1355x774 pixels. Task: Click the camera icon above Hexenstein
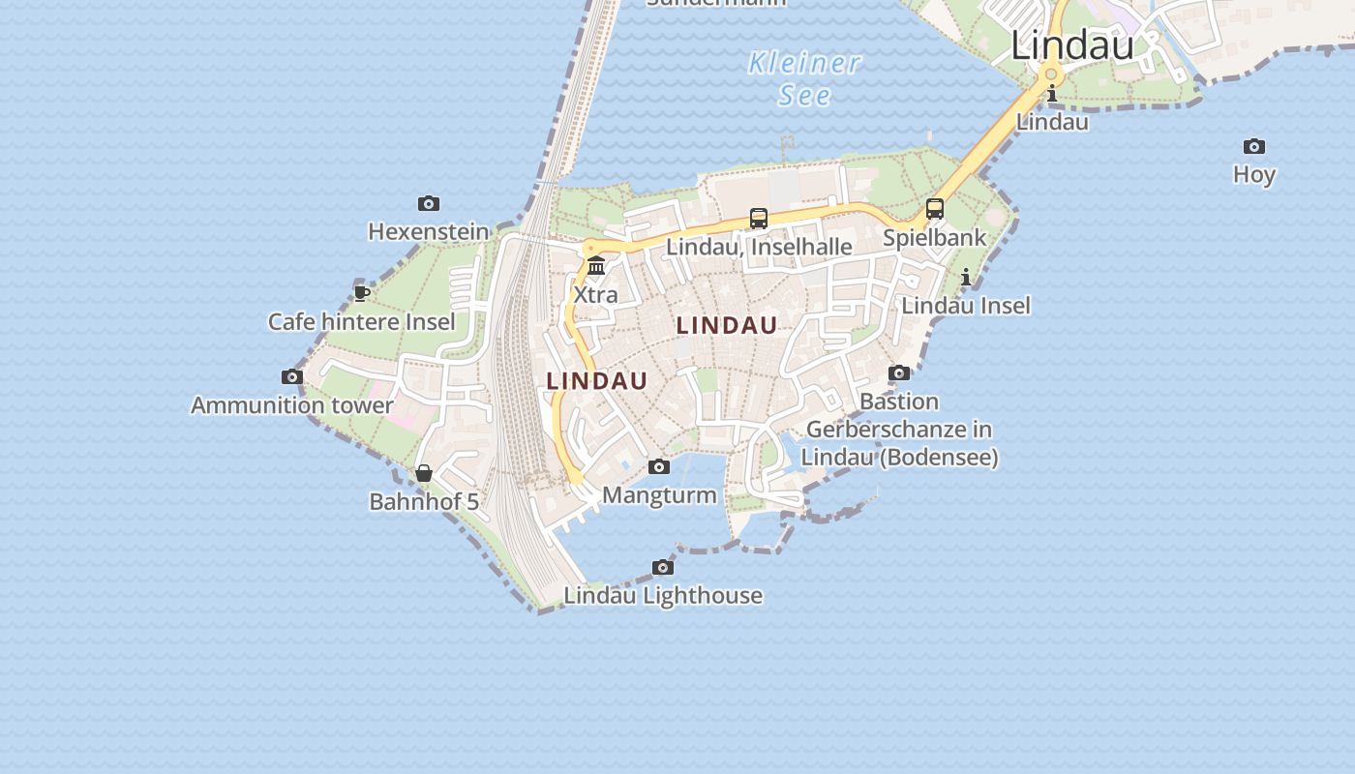(429, 203)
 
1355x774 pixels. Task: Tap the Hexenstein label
(429, 232)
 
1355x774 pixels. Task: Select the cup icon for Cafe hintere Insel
(362, 292)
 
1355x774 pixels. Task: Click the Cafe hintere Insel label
(361, 321)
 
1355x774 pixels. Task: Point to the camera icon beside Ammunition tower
(292, 376)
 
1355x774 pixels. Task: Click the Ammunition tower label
(292, 405)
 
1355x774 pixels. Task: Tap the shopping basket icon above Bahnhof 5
(424, 473)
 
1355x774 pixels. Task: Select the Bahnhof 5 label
(424, 501)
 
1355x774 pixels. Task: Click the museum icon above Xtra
(596, 265)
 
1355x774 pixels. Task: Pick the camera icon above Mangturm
(659, 467)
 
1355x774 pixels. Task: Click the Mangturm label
(659, 495)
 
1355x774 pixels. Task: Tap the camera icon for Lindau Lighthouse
(663, 567)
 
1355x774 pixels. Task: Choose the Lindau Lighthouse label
(663, 595)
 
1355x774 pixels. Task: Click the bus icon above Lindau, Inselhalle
(759, 219)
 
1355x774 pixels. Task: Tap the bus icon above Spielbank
(935, 209)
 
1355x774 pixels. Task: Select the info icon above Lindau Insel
(966, 278)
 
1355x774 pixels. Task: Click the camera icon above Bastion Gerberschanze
(899, 372)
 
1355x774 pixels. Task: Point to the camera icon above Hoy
(1254, 146)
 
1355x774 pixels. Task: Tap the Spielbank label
(935, 237)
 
